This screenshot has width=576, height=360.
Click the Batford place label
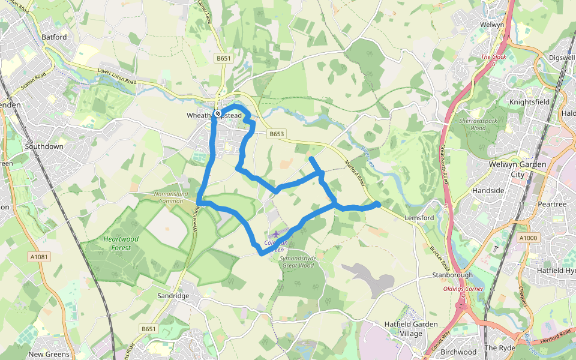click(x=55, y=37)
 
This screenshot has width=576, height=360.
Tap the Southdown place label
click(x=44, y=146)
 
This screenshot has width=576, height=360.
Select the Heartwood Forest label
click(x=121, y=242)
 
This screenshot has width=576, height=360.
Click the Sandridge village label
click(x=173, y=296)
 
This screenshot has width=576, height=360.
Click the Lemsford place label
click(x=419, y=218)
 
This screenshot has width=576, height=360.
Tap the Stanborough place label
click(x=452, y=275)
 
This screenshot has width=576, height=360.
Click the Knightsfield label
click(x=529, y=102)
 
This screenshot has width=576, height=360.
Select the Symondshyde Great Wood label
click(x=298, y=261)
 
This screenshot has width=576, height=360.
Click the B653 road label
click(x=276, y=134)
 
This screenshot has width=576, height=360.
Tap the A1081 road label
click(x=38, y=257)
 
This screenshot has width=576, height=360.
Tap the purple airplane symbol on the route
click(x=276, y=233)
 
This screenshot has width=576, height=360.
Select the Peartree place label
click(x=552, y=205)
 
